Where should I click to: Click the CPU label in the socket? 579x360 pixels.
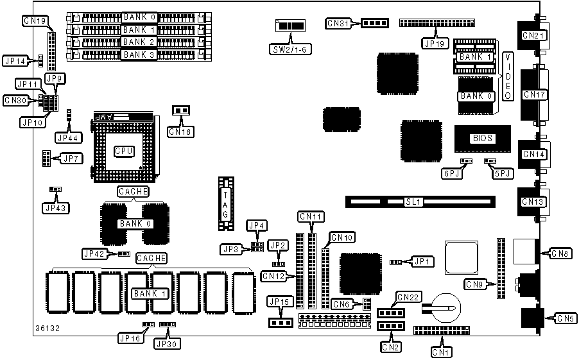click(x=123, y=151)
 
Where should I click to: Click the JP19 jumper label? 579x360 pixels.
click(x=434, y=44)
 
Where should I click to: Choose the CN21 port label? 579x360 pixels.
click(x=533, y=35)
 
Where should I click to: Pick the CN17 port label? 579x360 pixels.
click(x=534, y=95)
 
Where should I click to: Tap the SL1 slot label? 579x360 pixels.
click(x=413, y=201)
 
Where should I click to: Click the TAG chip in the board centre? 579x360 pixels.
click(x=225, y=203)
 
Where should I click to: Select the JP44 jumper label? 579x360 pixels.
click(x=67, y=137)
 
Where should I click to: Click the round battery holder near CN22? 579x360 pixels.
click(x=442, y=307)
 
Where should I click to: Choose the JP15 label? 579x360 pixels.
click(x=279, y=302)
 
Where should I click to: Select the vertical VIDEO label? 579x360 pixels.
click(x=508, y=76)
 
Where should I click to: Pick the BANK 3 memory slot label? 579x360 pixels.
click(x=139, y=55)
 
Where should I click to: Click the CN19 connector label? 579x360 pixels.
click(x=33, y=21)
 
